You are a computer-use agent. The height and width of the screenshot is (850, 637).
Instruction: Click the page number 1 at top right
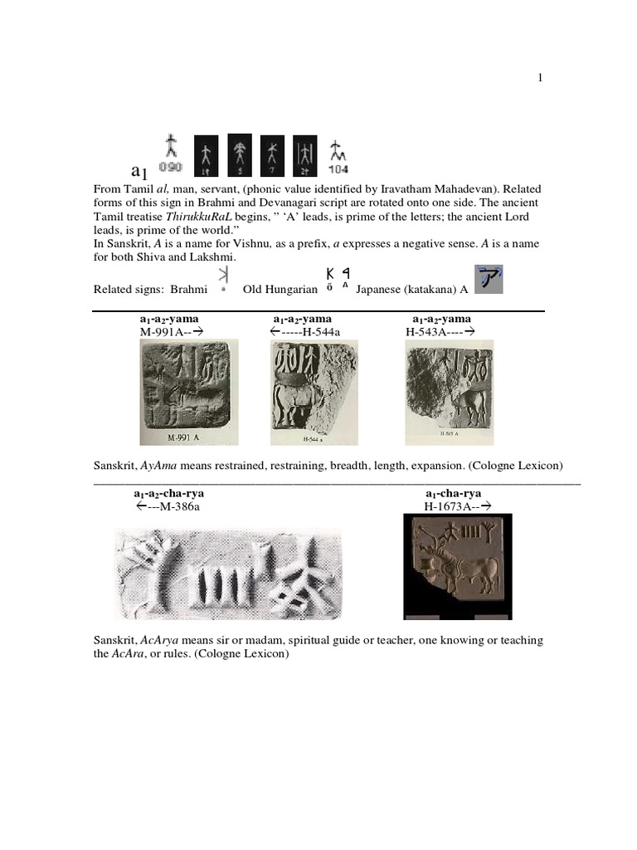pos(540,78)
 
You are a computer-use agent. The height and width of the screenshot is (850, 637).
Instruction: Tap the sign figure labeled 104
pos(338,151)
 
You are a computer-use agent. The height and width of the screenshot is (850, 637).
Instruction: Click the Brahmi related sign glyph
pos(222,279)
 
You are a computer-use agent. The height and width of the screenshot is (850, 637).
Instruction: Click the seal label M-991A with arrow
pos(173,332)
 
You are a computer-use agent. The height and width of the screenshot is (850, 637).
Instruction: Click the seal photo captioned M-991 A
pos(187,392)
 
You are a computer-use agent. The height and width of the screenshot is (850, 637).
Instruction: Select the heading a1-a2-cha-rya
pos(169,493)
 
